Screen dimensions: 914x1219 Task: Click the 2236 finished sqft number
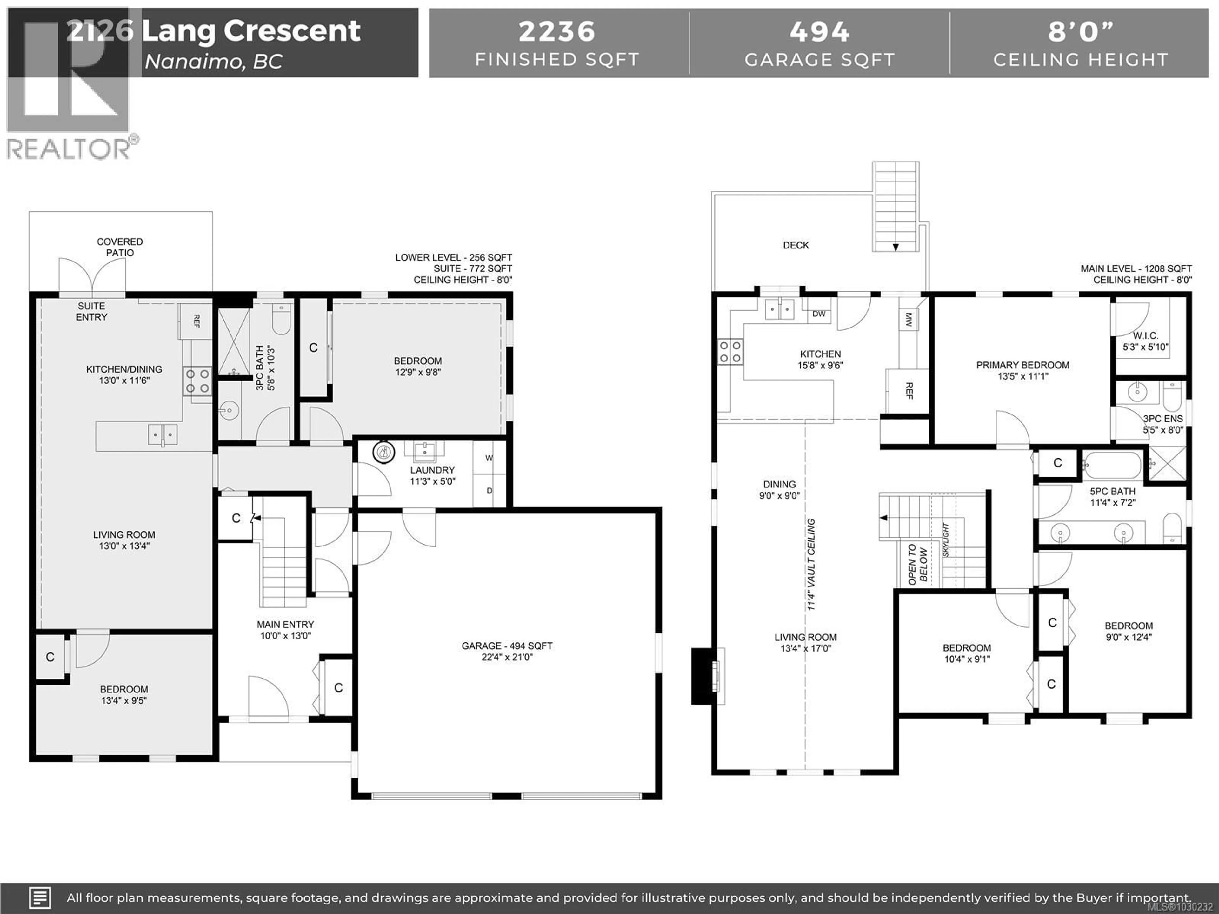pos(556,31)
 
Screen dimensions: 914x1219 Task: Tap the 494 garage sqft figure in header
pos(819,31)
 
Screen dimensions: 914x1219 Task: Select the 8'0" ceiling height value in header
pos(1080,31)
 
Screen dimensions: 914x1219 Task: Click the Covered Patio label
pos(120,247)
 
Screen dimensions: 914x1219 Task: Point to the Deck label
pos(796,245)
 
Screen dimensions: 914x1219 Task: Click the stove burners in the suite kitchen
pos(197,381)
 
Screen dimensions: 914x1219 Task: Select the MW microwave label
pos(909,320)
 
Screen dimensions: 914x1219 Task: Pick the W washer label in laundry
pos(489,458)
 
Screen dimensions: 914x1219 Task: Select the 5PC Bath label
pos(1112,491)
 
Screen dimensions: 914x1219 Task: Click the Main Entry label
pos(285,624)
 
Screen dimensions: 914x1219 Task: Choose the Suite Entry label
pos(91,311)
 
